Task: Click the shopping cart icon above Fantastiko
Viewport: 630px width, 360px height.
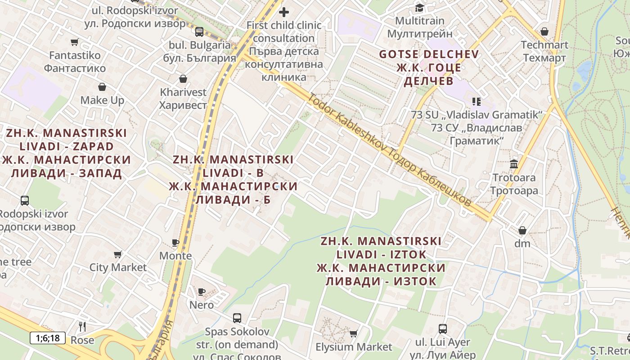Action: [x=75, y=42]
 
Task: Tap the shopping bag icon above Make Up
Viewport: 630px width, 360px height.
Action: [x=102, y=87]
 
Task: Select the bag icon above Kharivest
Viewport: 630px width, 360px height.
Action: [x=183, y=79]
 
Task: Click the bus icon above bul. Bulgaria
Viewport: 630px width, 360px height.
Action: [x=199, y=31]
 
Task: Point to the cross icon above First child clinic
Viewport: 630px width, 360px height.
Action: [x=284, y=12]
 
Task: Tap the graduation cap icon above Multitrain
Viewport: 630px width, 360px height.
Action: [x=419, y=8]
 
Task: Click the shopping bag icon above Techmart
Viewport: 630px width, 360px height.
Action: [x=544, y=31]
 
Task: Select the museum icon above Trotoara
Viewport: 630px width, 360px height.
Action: [x=514, y=164]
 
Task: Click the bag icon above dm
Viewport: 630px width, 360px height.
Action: [x=522, y=230]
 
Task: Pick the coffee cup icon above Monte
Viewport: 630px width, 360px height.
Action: [x=175, y=243]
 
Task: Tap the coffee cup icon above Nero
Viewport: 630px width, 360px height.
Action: [x=202, y=292]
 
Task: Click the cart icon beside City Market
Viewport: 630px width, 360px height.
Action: [x=118, y=255]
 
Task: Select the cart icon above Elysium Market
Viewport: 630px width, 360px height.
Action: [x=354, y=334]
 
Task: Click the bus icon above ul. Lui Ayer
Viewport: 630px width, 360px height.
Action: [x=443, y=329]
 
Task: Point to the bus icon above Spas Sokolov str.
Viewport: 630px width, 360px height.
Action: [x=237, y=318]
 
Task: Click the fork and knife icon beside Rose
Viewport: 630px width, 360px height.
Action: [x=82, y=326]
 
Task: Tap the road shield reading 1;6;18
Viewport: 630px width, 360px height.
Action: [x=48, y=338]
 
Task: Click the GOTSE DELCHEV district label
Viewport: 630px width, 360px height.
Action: [x=429, y=54]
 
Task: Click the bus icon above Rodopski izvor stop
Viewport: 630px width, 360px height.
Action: [x=25, y=201]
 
